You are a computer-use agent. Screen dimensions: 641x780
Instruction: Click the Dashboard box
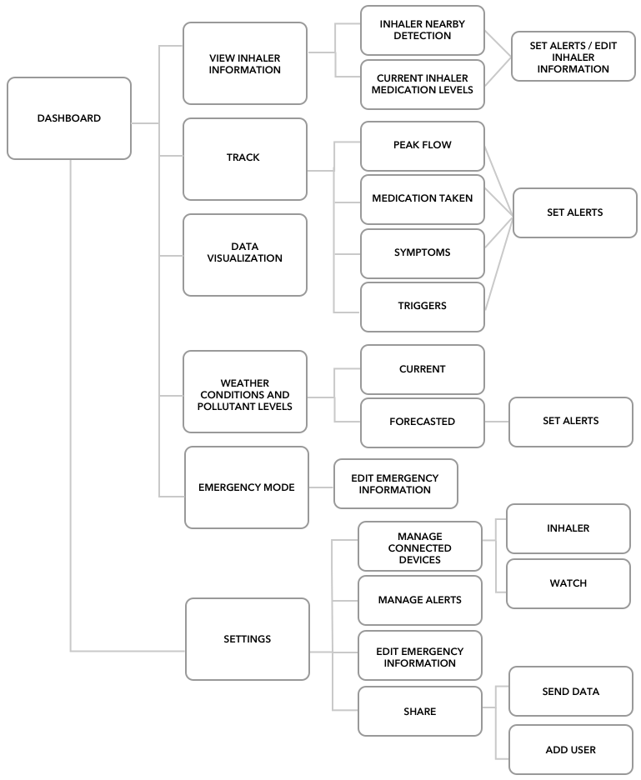click(69, 118)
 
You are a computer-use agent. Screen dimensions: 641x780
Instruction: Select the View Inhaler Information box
click(245, 63)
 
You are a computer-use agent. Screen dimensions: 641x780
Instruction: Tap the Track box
click(245, 159)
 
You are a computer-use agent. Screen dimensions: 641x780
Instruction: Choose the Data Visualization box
click(245, 255)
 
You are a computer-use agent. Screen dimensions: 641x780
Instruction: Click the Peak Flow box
click(423, 147)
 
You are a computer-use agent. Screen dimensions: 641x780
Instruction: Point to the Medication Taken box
click(423, 199)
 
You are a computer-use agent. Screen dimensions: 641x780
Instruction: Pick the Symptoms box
click(423, 253)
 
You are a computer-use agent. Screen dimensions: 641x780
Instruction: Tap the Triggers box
click(423, 307)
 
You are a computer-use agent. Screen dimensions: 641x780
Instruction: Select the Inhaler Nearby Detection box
click(423, 30)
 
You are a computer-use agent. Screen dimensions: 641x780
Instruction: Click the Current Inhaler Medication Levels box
click(423, 84)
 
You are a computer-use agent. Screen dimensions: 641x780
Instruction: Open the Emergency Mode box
click(247, 487)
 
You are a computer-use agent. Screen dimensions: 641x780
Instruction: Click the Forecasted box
click(423, 422)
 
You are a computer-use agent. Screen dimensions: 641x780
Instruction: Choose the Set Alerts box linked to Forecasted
click(571, 422)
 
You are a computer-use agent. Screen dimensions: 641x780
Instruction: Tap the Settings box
click(248, 639)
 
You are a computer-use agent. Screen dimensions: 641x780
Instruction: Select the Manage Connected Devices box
click(420, 546)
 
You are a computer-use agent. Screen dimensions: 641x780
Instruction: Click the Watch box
click(568, 584)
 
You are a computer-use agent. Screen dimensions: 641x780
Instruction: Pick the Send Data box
click(571, 692)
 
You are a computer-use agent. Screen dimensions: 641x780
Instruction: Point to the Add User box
click(571, 750)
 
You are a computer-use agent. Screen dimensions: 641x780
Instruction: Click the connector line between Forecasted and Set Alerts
click(497, 422)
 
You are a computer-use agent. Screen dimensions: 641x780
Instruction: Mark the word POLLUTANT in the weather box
click(223, 407)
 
